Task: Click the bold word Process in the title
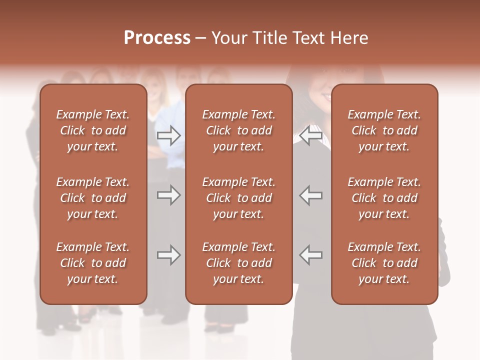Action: click(157, 38)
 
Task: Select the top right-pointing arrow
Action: click(168, 135)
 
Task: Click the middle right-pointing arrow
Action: click(168, 195)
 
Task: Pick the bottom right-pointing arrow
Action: click(168, 255)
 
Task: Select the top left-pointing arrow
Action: click(311, 135)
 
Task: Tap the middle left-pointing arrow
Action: click(311, 195)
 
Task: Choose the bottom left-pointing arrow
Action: click(311, 255)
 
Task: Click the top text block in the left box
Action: click(93, 130)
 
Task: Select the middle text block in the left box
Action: click(93, 198)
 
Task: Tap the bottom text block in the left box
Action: click(93, 263)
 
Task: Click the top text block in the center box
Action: click(238, 130)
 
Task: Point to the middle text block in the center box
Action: click(238, 198)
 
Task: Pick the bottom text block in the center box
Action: click(238, 263)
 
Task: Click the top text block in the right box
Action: click(384, 130)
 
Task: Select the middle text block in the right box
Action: click(384, 198)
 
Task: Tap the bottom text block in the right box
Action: click(384, 263)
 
